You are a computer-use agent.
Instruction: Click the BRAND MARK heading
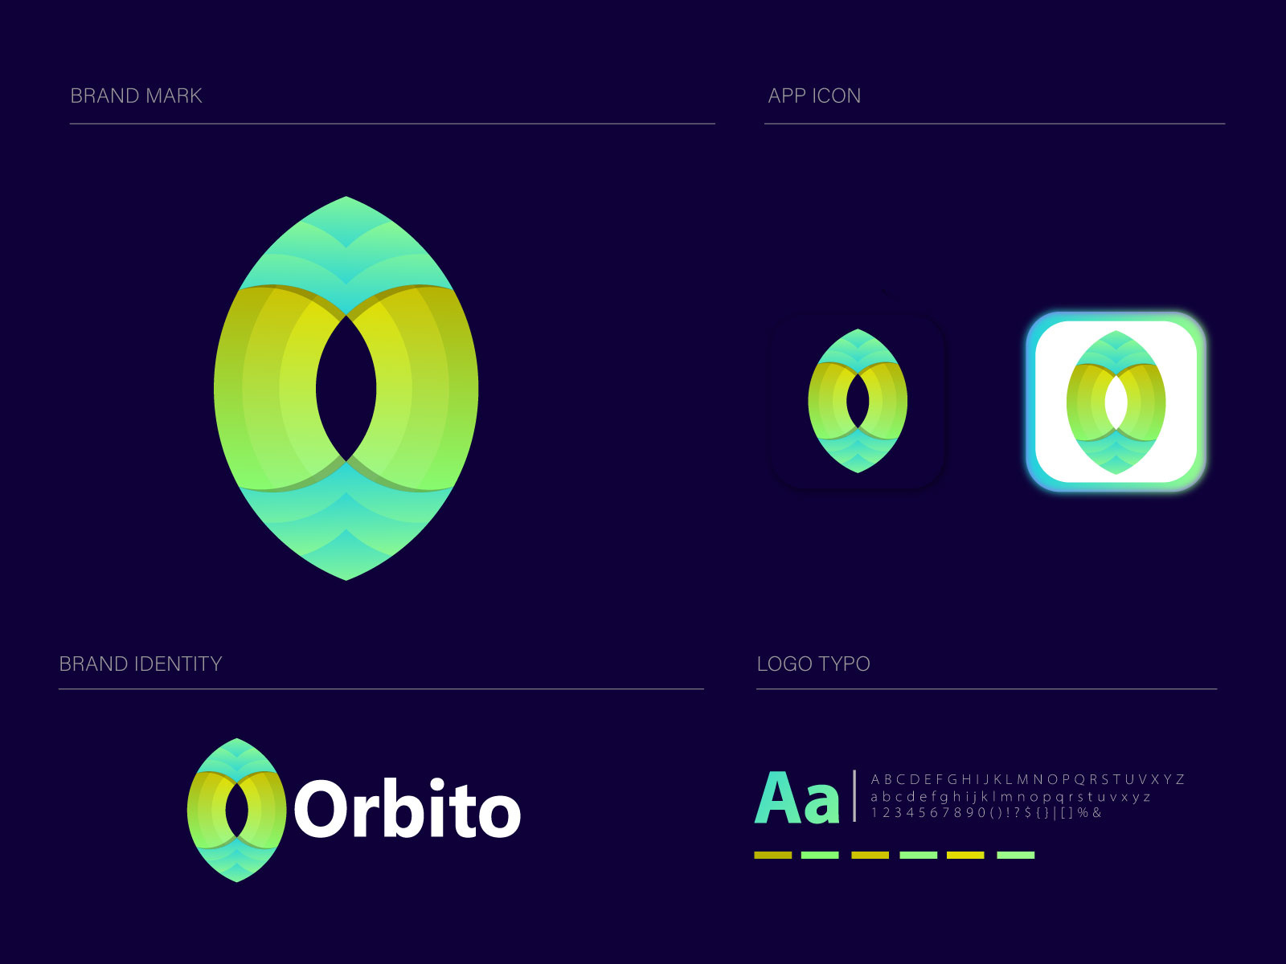pyautogui.click(x=136, y=96)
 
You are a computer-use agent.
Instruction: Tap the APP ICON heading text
pyautogui.click(x=814, y=96)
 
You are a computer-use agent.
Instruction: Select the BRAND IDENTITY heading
pyautogui.click(x=141, y=664)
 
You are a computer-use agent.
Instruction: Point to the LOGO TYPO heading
pyautogui.click(x=813, y=664)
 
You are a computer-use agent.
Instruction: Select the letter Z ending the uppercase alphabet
pyautogui.click(x=1179, y=779)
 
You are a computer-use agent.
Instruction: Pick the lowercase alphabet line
pyautogui.click(x=1010, y=797)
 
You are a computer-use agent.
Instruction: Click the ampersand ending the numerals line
pyautogui.click(x=1097, y=813)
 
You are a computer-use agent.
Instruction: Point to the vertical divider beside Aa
pyautogui.click(x=854, y=795)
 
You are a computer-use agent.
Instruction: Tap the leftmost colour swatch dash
pyautogui.click(x=772, y=855)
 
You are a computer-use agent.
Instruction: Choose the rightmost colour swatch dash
pyautogui.click(x=1015, y=855)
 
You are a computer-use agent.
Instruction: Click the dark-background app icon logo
pyautogui.click(x=858, y=401)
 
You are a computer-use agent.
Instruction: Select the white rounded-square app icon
pyautogui.click(x=1116, y=402)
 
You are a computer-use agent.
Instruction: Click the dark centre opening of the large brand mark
pyautogui.click(x=346, y=388)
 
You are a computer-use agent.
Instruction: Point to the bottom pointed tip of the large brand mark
pyautogui.click(x=346, y=577)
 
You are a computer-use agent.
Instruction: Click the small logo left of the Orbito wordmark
pyautogui.click(x=237, y=810)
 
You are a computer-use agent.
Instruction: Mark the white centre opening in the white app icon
pyautogui.click(x=1116, y=402)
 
